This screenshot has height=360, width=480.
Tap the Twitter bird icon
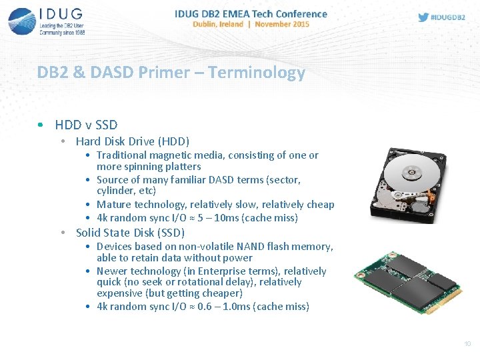[x=423, y=17]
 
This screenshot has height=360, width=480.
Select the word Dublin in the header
[x=206, y=24]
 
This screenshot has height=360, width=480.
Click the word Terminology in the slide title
[x=257, y=73]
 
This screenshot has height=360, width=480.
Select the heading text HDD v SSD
[x=86, y=125]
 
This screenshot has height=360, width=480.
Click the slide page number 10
[x=467, y=344]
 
